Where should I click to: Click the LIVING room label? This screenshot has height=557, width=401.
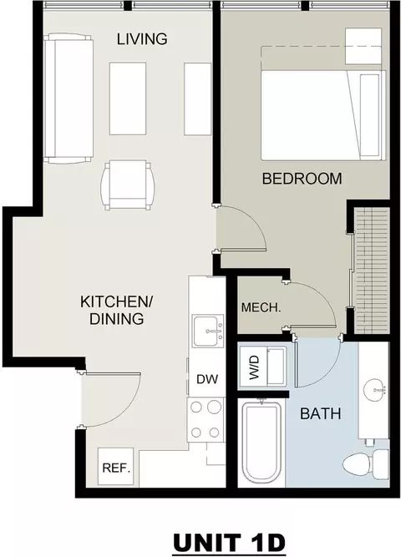[x=142, y=38]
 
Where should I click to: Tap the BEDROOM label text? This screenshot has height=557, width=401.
[x=302, y=179]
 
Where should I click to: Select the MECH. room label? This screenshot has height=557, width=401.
[x=261, y=307]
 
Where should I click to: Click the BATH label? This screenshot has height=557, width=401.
[x=321, y=414]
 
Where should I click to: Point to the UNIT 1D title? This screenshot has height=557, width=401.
[x=229, y=543]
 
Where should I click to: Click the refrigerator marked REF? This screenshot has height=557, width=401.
[x=116, y=467]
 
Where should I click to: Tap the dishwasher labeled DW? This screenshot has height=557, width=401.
[x=208, y=379]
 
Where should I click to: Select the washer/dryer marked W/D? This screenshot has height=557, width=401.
[x=262, y=366]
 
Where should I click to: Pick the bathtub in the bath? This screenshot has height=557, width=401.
[x=261, y=442]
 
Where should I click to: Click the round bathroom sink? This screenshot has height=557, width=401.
[x=374, y=389]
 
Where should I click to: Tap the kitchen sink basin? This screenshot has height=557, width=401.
[x=208, y=331]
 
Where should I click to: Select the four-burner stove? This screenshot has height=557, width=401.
[x=206, y=419]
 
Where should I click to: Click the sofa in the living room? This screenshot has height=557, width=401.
[x=69, y=99]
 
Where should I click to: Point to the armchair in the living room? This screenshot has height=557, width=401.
[x=128, y=185]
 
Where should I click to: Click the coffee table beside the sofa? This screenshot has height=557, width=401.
[x=128, y=99]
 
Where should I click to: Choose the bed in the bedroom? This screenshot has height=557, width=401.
[x=323, y=115]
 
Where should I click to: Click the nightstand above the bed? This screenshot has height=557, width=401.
[x=363, y=47]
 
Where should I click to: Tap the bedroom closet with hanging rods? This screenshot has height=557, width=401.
[x=372, y=271]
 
